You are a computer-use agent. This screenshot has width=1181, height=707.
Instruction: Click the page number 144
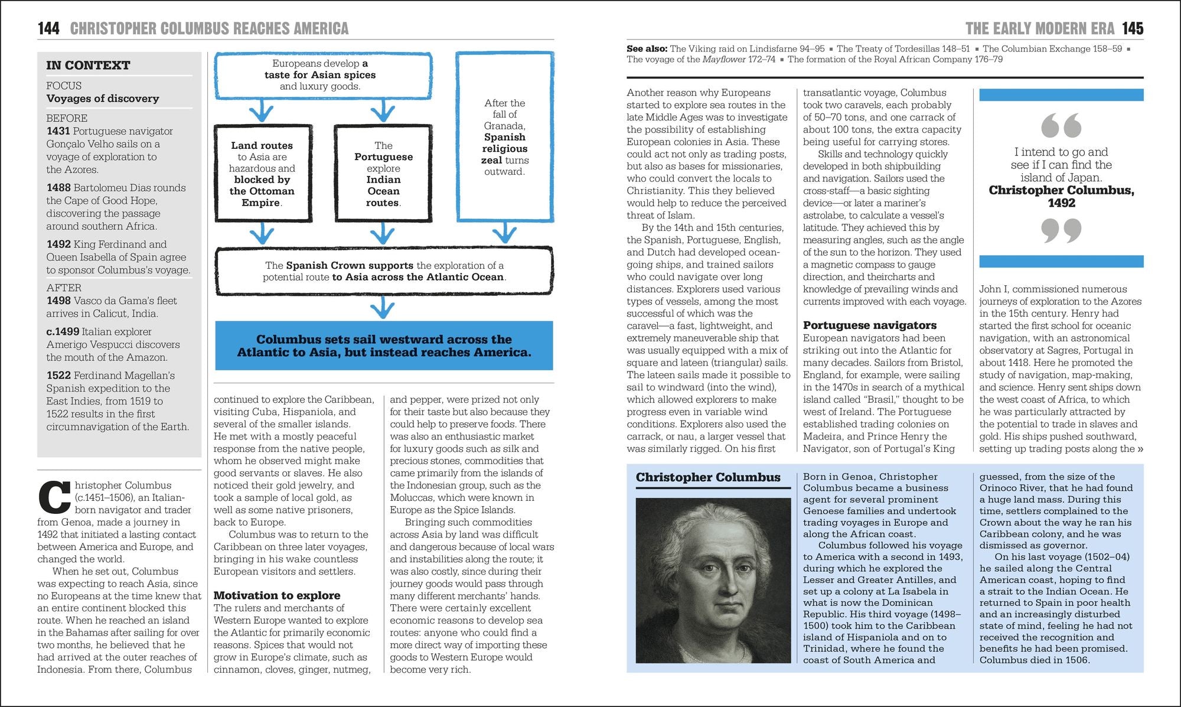pyautogui.click(x=48, y=28)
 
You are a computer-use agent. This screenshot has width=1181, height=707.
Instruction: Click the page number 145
pyautogui.click(x=1133, y=28)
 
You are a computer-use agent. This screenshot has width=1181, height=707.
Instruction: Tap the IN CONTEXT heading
pyautogui.click(x=89, y=66)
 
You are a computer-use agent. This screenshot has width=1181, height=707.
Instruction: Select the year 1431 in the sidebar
pyautogui.click(x=58, y=131)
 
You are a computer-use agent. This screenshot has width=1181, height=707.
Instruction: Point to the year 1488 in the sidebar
pyautogui.click(x=58, y=188)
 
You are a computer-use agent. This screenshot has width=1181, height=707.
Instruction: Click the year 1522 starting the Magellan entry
pyautogui.click(x=58, y=376)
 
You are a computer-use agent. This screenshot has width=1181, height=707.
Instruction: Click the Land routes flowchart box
pyautogui.click(x=262, y=174)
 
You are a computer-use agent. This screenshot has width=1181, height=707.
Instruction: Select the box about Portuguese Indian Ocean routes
pyautogui.click(x=383, y=174)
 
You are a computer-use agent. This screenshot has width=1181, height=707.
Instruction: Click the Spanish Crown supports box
pyautogui.click(x=384, y=271)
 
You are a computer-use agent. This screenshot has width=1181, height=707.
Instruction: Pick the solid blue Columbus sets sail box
pyautogui.click(x=384, y=346)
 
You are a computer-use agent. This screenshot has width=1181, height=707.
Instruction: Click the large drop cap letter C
pyautogui.click(x=54, y=498)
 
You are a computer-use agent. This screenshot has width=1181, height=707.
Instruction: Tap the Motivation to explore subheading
pyautogui.click(x=277, y=595)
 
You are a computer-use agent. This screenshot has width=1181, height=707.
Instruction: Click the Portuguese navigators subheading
pyautogui.click(x=869, y=325)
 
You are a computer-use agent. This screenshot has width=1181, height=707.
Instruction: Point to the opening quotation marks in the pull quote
pyautogui.click(x=1061, y=125)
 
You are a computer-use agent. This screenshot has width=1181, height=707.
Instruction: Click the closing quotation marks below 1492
pyautogui.click(x=1061, y=230)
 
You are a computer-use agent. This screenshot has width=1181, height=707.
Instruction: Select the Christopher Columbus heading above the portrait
pyautogui.click(x=708, y=477)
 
